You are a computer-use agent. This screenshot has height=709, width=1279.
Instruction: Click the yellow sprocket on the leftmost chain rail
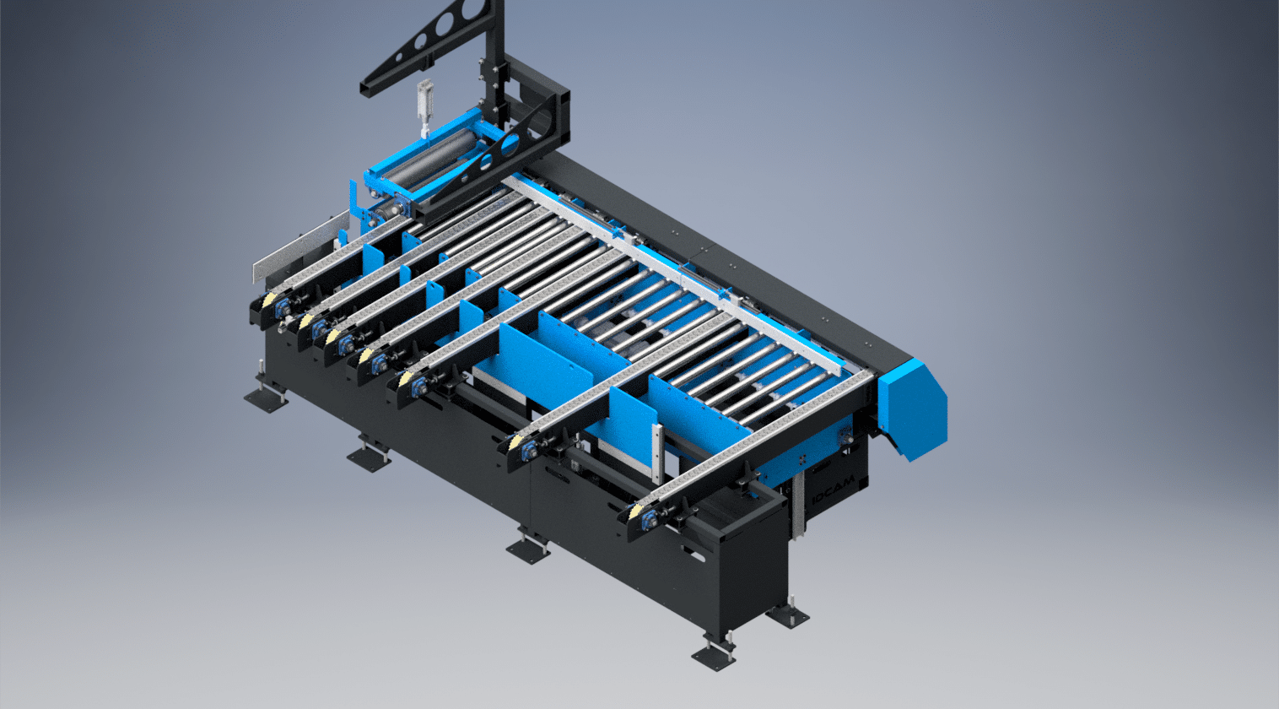click(x=268, y=300)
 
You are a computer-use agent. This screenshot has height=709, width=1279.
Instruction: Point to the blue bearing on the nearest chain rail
click(x=650, y=518)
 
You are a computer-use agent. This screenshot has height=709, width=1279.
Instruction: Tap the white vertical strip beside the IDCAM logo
click(x=797, y=507)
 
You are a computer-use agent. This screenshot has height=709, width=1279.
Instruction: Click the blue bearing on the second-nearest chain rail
click(x=532, y=452)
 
